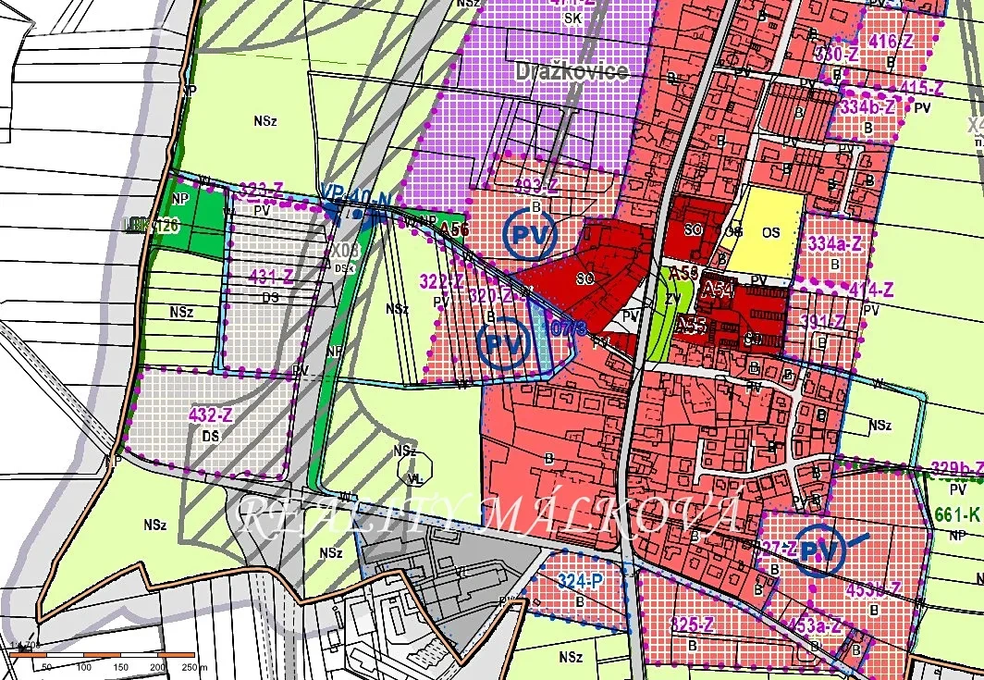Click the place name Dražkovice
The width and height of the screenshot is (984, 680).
572,71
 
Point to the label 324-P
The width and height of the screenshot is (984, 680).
580,581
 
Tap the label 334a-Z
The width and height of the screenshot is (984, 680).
835,244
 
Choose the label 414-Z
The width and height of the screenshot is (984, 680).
870,290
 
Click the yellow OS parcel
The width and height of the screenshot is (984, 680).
769,232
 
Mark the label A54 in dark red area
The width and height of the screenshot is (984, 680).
717,291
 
